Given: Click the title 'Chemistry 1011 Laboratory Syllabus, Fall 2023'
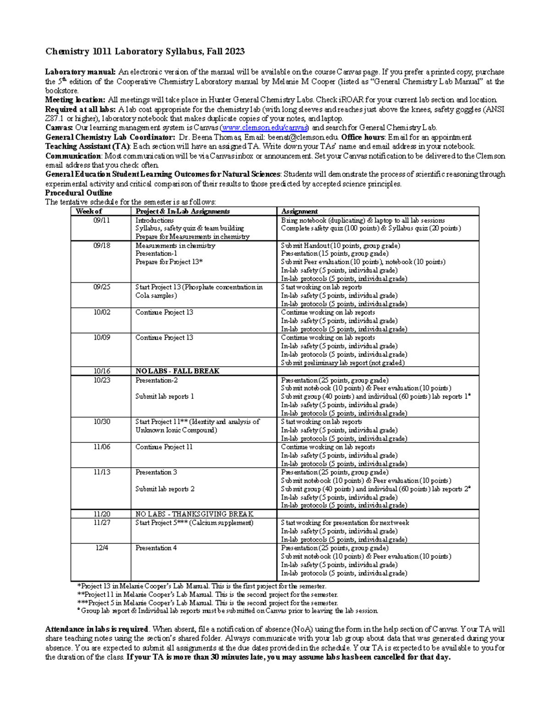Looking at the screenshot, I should (144, 51).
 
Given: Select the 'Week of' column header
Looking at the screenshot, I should (89, 211).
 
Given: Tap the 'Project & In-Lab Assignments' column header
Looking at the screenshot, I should (182, 211).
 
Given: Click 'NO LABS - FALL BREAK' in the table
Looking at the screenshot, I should (177, 371).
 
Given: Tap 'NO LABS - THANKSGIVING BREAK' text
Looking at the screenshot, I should (194, 514).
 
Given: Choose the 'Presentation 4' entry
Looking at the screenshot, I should (156, 548).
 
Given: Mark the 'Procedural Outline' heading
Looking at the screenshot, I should (78, 193).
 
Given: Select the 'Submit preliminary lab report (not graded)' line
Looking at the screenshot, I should (343, 363).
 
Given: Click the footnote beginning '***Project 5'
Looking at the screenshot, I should (208, 603).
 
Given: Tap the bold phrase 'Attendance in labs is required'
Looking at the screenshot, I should (97, 629).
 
